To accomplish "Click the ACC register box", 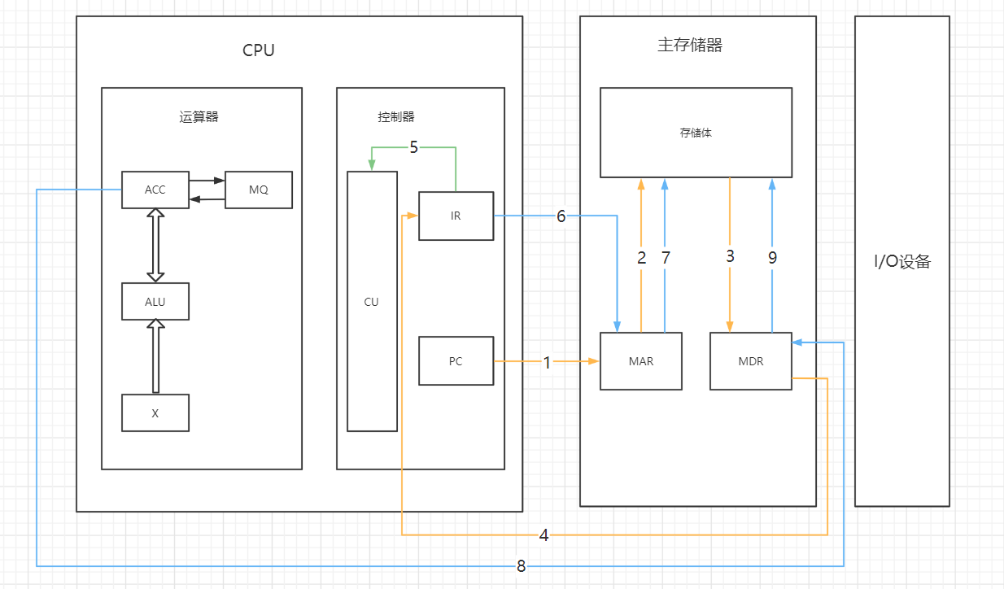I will pyautogui.click(x=155, y=190).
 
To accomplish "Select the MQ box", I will pyautogui.click(x=258, y=190).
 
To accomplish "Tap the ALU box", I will pyautogui.click(x=155, y=301).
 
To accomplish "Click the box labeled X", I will pyautogui.click(x=155, y=412).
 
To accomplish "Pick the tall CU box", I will pyautogui.click(x=372, y=301).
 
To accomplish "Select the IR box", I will pyautogui.click(x=456, y=216).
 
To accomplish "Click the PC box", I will pyautogui.click(x=456, y=360).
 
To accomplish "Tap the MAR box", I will pyautogui.click(x=641, y=361).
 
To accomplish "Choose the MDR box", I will pyautogui.click(x=750, y=361).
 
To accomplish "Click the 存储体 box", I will pyautogui.click(x=696, y=133).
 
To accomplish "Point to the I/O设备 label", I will pyautogui.click(x=901, y=262).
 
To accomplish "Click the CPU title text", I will pyautogui.click(x=259, y=50).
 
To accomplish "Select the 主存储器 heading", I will pyautogui.click(x=690, y=46).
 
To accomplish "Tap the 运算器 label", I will pyautogui.click(x=199, y=117).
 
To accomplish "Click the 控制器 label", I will pyautogui.click(x=396, y=117).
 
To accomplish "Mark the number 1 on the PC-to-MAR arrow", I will pyautogui.click(x=547, y=363).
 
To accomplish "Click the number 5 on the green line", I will pyautogui.click(x=413, y=147).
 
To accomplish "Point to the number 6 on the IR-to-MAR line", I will pyautogui.click(x=561, y=216).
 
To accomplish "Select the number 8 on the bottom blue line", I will pyautogui.click(x=521, y=566).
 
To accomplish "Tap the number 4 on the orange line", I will pyautogui.click(x=543, y=535).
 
